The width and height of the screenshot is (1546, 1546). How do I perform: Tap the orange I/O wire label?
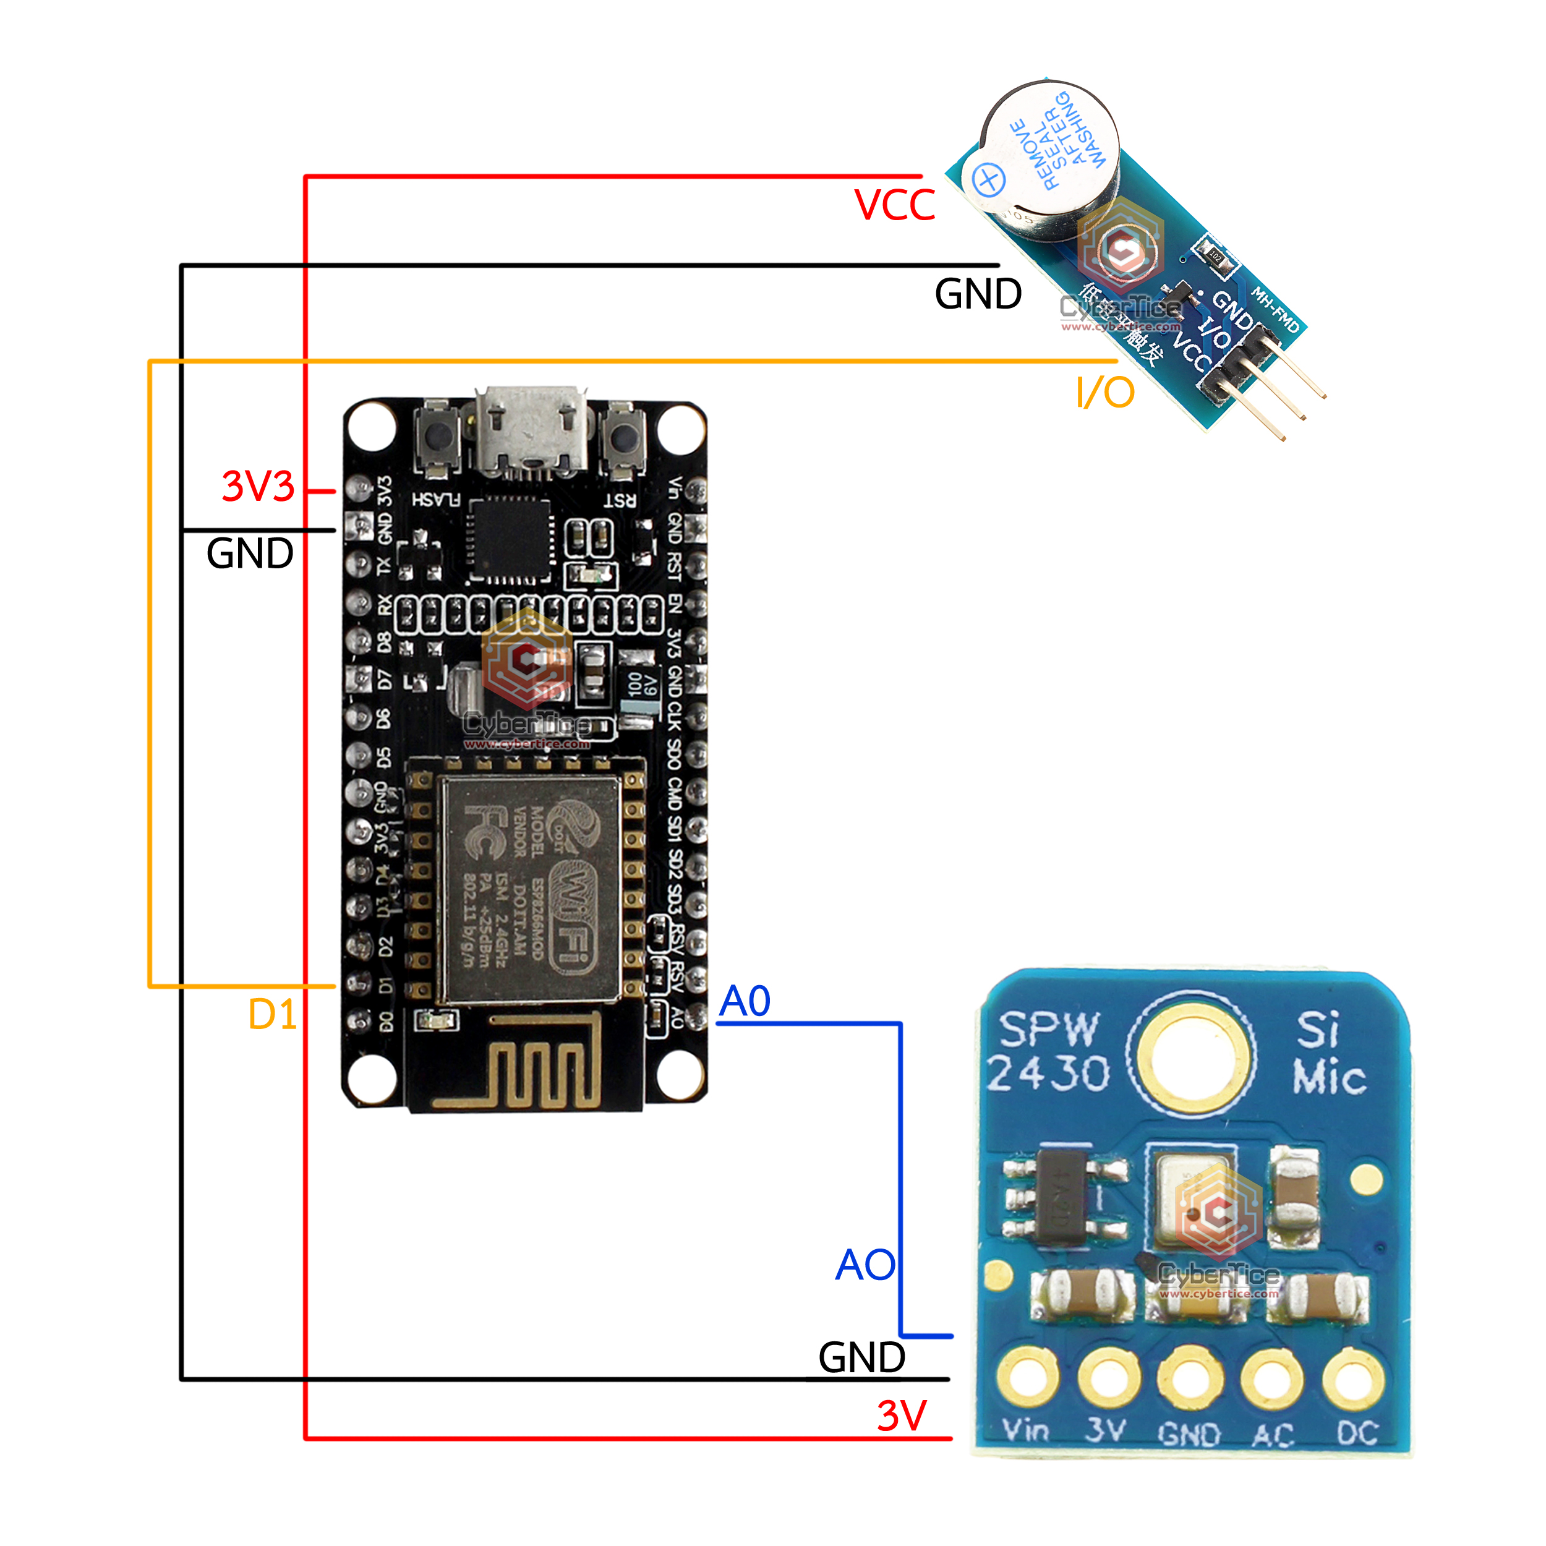click(x=1105, y=393)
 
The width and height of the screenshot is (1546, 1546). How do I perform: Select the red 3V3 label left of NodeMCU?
click(x=258, y=487)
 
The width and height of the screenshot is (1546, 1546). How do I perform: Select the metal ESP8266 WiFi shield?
click(x=530, y=888)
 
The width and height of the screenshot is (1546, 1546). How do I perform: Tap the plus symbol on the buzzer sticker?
click(x=988, y=179)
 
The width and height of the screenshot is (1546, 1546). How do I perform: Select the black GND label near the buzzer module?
click(x=978, y=294)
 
